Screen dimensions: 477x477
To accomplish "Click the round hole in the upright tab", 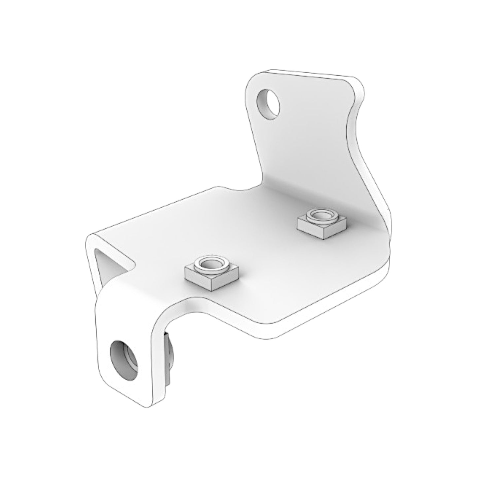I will [x=269, y=104].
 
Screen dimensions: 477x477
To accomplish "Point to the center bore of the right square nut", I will [x=322, y=216].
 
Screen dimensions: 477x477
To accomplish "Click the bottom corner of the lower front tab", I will [x=145, y=405].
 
